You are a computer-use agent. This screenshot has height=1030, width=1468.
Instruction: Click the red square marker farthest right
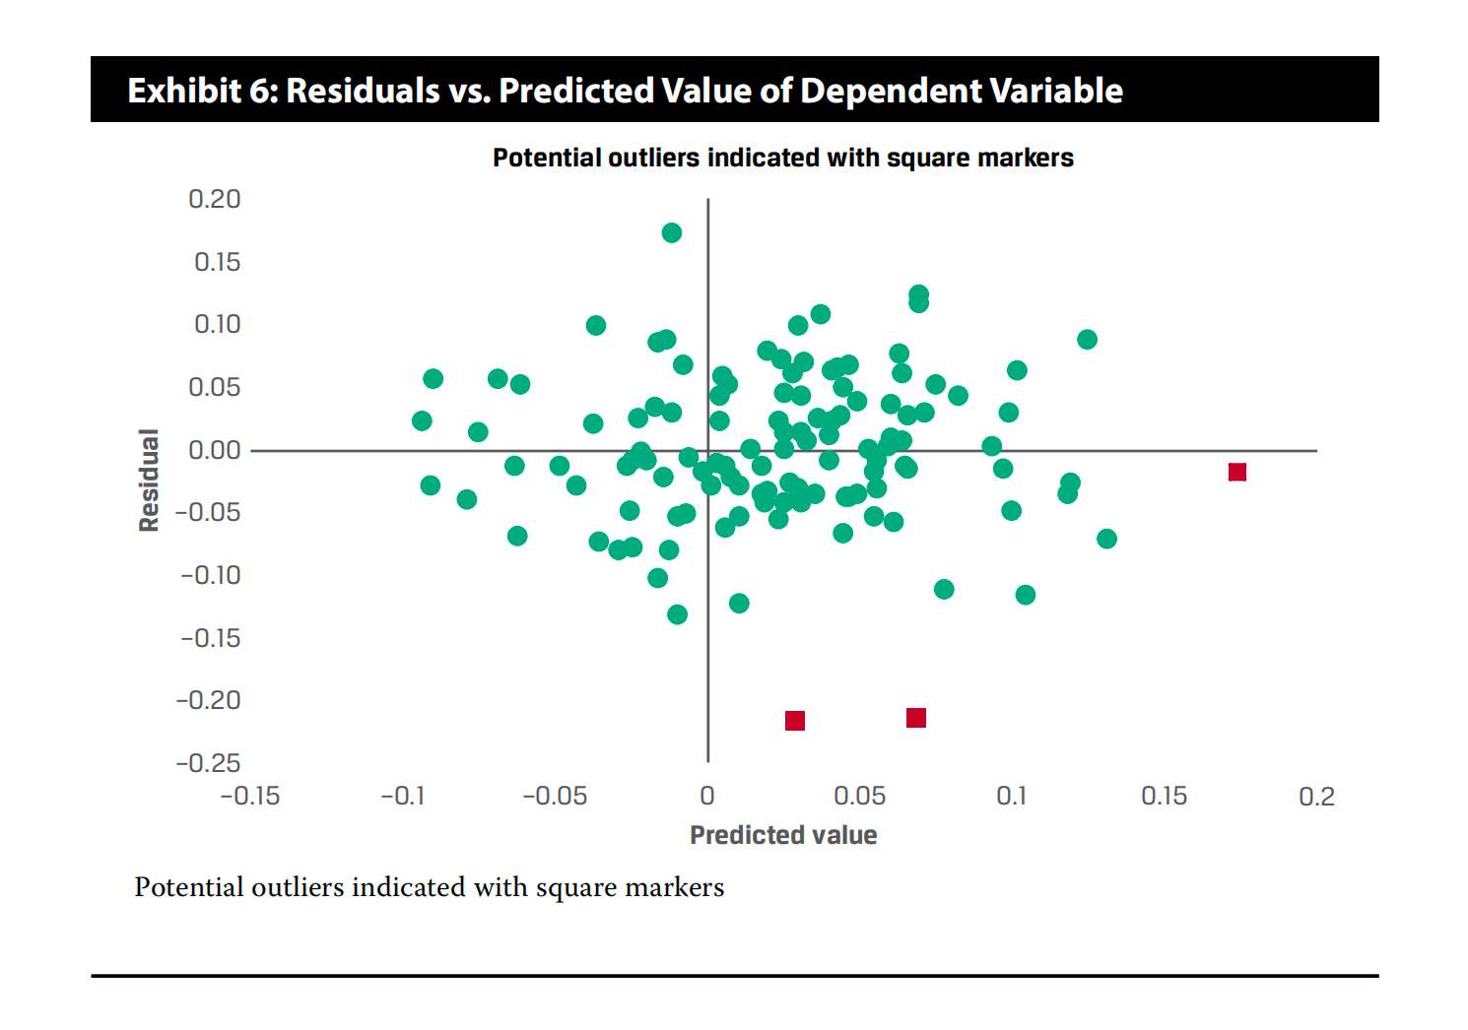1237,473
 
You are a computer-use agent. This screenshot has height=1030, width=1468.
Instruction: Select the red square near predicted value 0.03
795,721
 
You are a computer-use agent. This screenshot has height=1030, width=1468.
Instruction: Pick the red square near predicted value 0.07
916,718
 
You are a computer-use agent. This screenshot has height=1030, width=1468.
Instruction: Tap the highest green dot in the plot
672,233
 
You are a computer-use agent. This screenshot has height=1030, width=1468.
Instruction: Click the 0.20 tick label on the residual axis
215,199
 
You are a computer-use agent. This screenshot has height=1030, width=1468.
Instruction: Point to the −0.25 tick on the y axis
208,763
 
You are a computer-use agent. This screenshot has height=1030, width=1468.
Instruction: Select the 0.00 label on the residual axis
215,450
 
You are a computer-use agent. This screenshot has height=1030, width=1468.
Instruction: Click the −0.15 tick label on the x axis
250,796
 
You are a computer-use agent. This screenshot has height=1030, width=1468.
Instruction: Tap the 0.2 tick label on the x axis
1316,796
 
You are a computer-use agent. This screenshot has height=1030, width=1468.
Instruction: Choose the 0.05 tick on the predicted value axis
859,796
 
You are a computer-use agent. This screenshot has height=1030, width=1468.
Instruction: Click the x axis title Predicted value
783,835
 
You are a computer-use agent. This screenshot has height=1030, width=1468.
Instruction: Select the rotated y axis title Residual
149,481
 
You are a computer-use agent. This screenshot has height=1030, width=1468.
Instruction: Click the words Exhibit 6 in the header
201,91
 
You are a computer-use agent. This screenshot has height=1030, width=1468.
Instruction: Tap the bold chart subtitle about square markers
783,158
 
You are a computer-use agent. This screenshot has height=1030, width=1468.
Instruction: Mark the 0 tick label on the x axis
707,796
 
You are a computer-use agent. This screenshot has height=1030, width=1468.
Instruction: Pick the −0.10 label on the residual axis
210,575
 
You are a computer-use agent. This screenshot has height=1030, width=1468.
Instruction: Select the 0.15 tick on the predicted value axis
1164,796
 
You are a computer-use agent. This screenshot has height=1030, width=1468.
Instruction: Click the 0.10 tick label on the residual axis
217,324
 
